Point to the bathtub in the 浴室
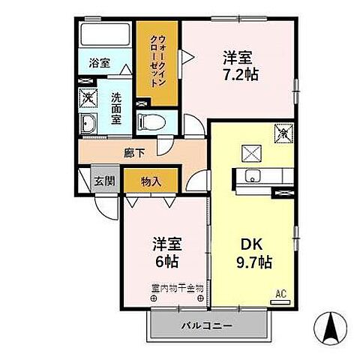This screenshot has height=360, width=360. (x=104, y=36)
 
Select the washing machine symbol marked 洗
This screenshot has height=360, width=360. (x=88, y=97)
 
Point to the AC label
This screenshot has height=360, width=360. (x=282, y=293)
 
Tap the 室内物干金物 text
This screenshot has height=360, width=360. (x=178, y=287)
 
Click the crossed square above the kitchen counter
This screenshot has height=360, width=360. (x=250, y=153)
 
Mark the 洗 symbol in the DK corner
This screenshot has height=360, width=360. (x=284, y=133)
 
